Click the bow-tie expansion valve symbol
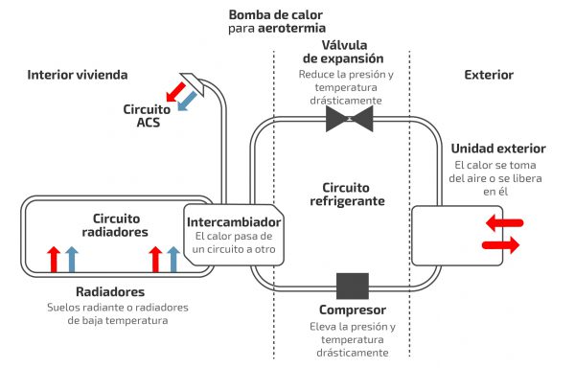tap(350, 119)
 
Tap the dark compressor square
tap(353, 286)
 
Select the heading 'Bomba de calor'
tap(276, 15)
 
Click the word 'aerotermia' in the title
tap(291, 28)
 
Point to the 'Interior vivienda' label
tap(78, 75)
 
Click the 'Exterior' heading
tap(489, 75)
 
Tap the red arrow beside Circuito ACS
tap(175, 92)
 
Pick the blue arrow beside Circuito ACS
tap(187, 101)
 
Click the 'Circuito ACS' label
tap(147, 116)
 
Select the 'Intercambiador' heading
tap(234, 222)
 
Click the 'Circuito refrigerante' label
tap(347, 195)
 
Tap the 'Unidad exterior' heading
tap(498, 149)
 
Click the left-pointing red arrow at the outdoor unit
tap(505, 222)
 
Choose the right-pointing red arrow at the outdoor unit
tap(501, 244)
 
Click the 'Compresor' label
tap(353, 310)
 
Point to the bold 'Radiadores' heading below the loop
tap(110, 291)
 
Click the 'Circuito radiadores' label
tap(115, 225)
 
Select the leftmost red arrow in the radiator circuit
tap(54, 259)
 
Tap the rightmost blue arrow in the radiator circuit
tap(173, 259)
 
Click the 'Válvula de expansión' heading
tap(344, 52)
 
